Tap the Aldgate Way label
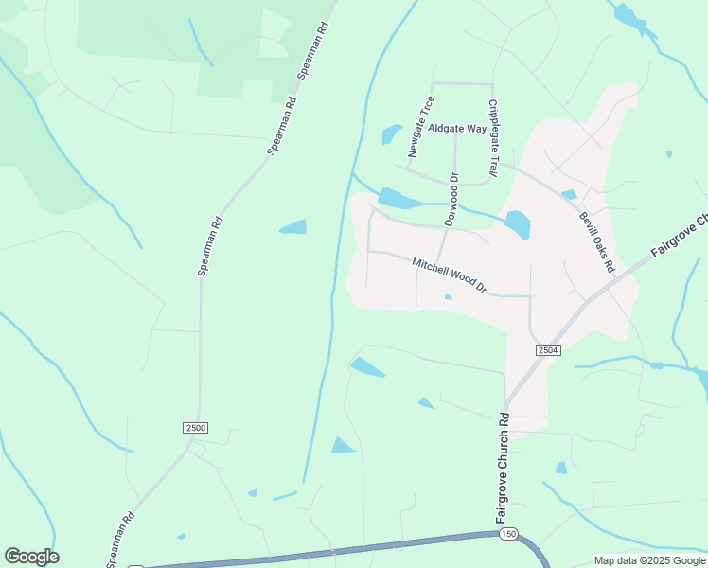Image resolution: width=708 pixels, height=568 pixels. point(456,128)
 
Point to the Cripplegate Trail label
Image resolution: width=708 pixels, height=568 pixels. point(492,138)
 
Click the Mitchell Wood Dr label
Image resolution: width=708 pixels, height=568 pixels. point(449,274)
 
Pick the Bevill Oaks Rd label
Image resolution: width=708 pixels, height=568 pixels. point(597,241)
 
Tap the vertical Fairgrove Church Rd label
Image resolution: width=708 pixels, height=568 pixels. point(504,468)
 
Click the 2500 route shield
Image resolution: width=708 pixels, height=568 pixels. point(195,428)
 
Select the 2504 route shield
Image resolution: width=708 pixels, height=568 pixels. point(548,350)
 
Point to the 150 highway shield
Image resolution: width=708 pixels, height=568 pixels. point(509,534)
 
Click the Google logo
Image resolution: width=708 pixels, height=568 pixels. point(31,557)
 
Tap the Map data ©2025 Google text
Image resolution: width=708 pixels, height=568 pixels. point(648,560)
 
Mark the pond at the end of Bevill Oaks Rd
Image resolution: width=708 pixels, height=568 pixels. point(518,224)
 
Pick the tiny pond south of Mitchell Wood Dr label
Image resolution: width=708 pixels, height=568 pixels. point(448,296)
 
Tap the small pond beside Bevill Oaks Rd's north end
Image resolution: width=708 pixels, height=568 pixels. point(569,195)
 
